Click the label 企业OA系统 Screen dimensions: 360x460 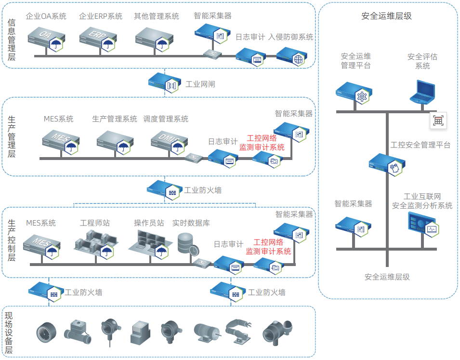[x=47, y=16]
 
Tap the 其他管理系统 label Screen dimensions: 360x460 [x=156, y=16]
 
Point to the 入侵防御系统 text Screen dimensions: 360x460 [x=290, y=37]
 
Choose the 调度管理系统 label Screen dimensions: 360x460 [x=166, y=119]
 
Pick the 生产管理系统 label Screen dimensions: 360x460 [x=115, y=119]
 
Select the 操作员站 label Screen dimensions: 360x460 [x=149, y=223]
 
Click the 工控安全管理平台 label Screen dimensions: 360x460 [x=421, y=145]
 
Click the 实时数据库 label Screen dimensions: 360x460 [x=191, y=223]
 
